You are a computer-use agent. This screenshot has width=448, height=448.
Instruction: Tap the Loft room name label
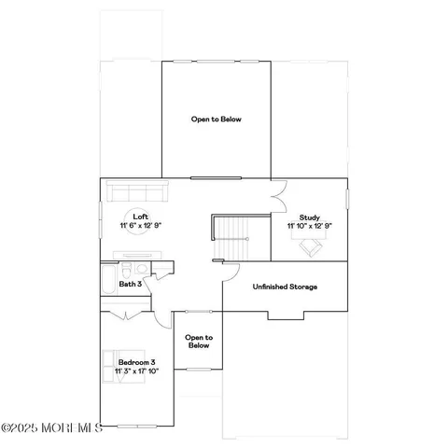click(140, 217)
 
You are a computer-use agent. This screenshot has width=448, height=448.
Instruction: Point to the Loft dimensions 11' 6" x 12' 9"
click(140, 226)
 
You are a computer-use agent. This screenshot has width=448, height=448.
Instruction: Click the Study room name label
click(309, 217)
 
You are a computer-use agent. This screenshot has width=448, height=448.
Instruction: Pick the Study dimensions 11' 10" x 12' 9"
click(309, 226)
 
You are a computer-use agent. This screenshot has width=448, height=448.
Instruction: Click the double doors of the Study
click(277, 199)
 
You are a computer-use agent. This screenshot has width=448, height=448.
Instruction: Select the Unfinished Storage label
click(285, 287)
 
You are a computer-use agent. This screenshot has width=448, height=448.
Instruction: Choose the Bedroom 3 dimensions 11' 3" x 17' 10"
click(131, 371)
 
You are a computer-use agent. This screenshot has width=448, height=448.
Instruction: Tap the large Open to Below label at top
click(216, 119)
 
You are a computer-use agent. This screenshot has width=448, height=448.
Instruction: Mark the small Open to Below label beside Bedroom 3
click(198, 341)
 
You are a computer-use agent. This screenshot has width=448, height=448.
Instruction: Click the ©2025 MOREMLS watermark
click(51, 428)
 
